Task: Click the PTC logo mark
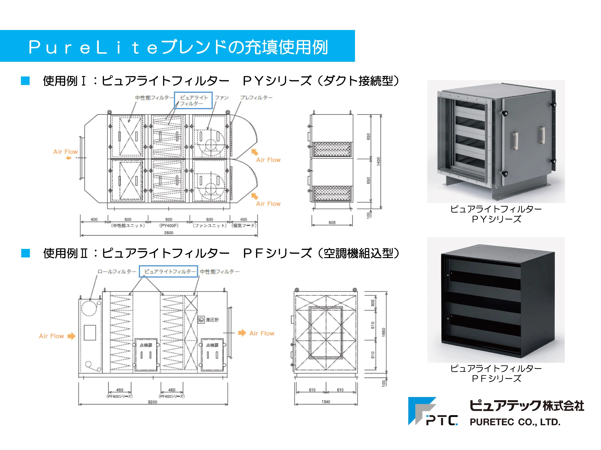(x=433, y=411)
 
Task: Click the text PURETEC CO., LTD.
(x=515, y=422)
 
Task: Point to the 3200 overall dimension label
(x=152, y=402)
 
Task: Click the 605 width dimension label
(x=332, y=222)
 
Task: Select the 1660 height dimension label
(x=384, y=332)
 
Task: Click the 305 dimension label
(x=373, y=303)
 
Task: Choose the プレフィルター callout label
(x=256, y=98)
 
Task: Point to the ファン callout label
(x=222, y=98)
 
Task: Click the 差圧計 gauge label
(x=212, y=320)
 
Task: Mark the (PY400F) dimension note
(x=169, y=226)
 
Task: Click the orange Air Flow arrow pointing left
(x=69, y=158)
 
